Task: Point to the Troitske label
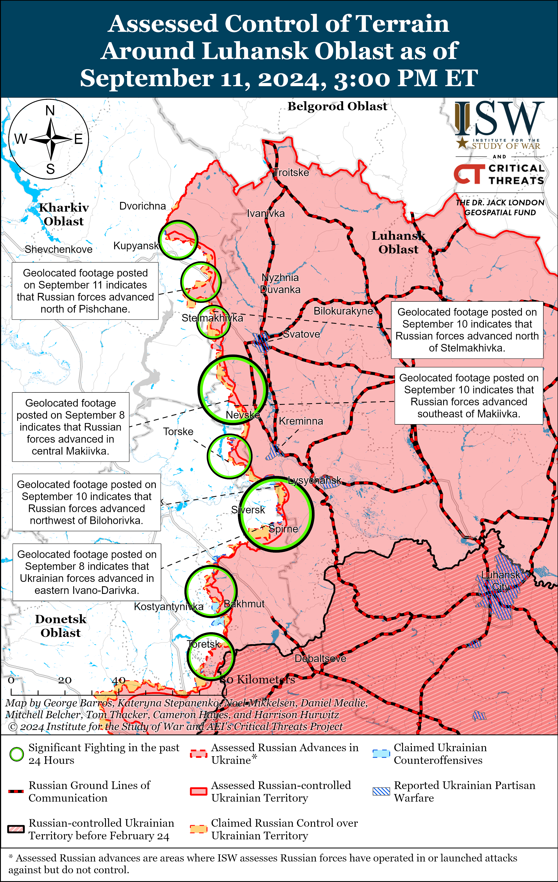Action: point(291,173)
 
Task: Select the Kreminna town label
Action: point(301,421)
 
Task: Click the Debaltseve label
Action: point(320,659)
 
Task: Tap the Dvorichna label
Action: point(142,206)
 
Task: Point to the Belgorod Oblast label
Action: point(337,106)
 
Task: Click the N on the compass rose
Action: point(50,110)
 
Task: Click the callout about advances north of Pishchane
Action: point(85,291)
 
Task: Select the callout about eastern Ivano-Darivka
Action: point(87,572)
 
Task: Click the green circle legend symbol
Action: point(16,754)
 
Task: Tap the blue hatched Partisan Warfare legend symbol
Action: point(381,791)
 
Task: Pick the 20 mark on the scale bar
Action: point(65,680)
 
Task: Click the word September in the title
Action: point(147,78)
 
